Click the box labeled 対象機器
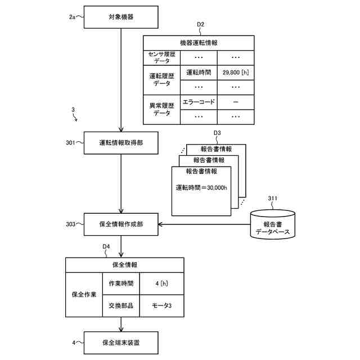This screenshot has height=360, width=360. click(x=121, y=17)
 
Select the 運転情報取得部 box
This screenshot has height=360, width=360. click(x=121, y=143)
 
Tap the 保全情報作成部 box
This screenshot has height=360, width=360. click(x=121, y=224)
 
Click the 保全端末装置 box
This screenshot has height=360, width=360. click(x=121, y=342)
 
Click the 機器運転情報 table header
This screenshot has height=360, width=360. click(x=199, y=42)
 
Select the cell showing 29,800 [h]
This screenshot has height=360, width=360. click(x=236, y=72)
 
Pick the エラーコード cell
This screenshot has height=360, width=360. click(x=199, y=102)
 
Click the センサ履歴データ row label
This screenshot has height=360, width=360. click(x=161, y=57)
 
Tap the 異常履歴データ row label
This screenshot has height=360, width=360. click(x=161, y=109)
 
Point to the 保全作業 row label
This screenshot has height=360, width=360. click(x=84, y=294)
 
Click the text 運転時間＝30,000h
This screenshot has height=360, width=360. click(x=201, y=188)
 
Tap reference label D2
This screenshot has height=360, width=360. click(x=200, y=24)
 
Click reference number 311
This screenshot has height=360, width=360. click(x=272, y=198)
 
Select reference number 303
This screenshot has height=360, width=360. click(x=70, y=224)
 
